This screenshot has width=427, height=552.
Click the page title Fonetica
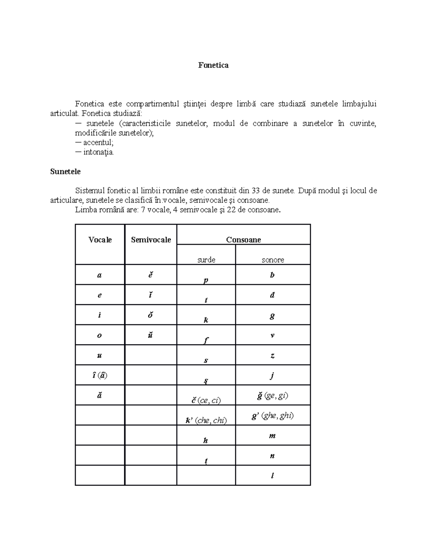[x=213, y=65]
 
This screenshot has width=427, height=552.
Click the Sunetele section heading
[x=65, y=172]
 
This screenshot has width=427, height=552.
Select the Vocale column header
[x=100, y=240]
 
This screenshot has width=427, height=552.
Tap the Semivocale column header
[x=151, y=240]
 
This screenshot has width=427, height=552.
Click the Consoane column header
[x=243, y=240]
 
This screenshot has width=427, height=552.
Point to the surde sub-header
[x=206, y=260]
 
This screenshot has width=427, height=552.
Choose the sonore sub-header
[x=273, y=260]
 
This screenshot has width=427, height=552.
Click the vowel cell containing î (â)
[x=99, y=375]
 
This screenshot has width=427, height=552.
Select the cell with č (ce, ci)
[x=206, y=400]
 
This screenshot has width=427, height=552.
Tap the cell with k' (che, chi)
[x=206, y=420]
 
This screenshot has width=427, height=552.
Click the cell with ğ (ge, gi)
[x=273, y=396]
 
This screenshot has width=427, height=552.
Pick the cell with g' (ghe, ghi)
[x=273, y=416]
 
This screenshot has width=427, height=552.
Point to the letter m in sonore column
[x=272, y=436]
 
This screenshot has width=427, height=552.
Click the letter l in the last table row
[x=272, y=476]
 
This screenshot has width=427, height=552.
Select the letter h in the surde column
[x=206, y=440]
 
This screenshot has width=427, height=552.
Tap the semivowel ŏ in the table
[x=150, y=315]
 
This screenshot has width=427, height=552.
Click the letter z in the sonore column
[x=272, y=355]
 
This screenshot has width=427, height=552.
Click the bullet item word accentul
[x=98, y=143]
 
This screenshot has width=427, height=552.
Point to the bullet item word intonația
[x=99, y=152]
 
